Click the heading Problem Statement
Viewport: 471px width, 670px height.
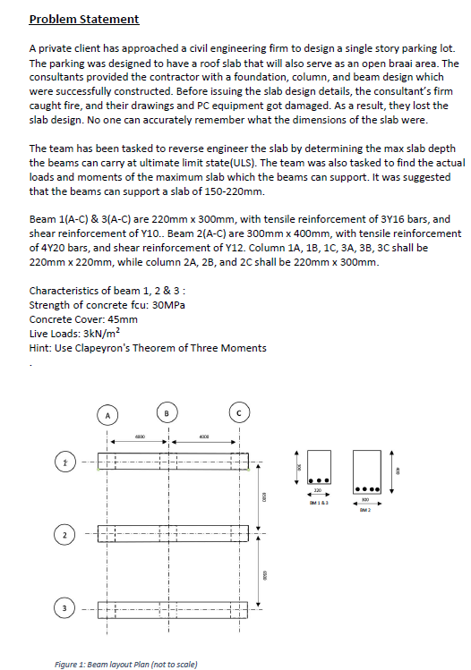pos(84,19)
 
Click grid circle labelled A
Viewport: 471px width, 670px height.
pos(107,415)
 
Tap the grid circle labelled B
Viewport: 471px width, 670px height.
pos(167,412)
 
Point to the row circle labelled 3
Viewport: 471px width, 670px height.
pos(64,609)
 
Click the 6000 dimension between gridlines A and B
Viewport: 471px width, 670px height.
pos(140,436)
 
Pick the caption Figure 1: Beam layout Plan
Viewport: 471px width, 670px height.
pos(126,663)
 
